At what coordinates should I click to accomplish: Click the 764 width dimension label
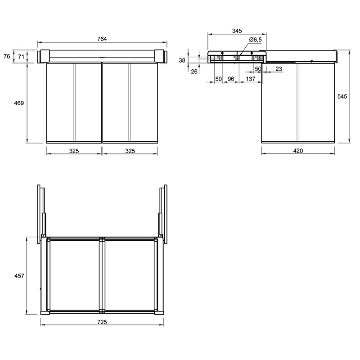click(x=102, y=39)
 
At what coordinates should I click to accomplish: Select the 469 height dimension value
click(x=19, y=103)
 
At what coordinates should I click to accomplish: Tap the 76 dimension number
click(x=7, y=56)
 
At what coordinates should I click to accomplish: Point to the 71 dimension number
click(x=21, y=57)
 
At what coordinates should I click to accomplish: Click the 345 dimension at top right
click(x=237, y=31)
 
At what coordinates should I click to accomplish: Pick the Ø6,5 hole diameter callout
click(x=256, y=40)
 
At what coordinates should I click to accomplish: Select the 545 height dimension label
click(x=342, y=97)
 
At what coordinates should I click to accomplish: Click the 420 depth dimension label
click(x=298, y=151)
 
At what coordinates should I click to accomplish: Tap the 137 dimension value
click(x=251, y=79)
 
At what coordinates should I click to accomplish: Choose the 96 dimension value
click(x=231, y=79)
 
